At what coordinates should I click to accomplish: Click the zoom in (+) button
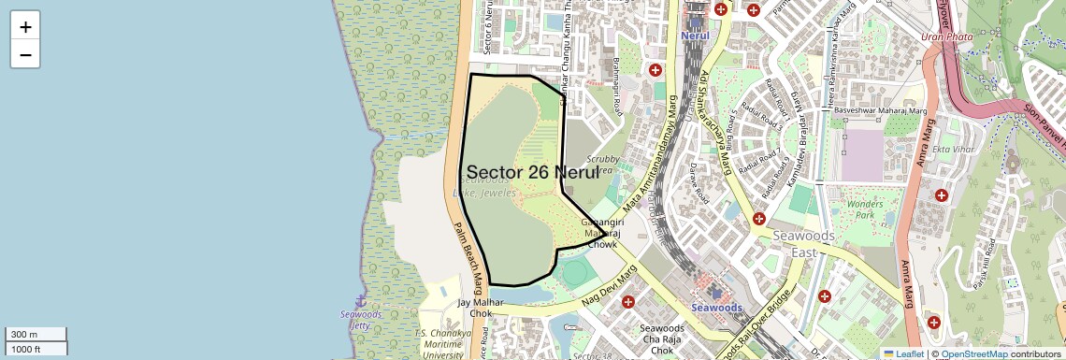pyautogui.click(x=25, y=27)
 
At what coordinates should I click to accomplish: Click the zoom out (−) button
pyautogui.click(x=25, y=55)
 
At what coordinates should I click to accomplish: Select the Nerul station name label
pyautogui.click(x=696, y=36)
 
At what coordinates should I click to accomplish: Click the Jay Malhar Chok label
pyautogui.click(x=481, y=309)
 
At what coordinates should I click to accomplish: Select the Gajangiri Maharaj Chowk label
pyautogui.click(x=602, y=233)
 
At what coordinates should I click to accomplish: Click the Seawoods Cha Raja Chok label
pyautogui.click(x=662, y=339)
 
